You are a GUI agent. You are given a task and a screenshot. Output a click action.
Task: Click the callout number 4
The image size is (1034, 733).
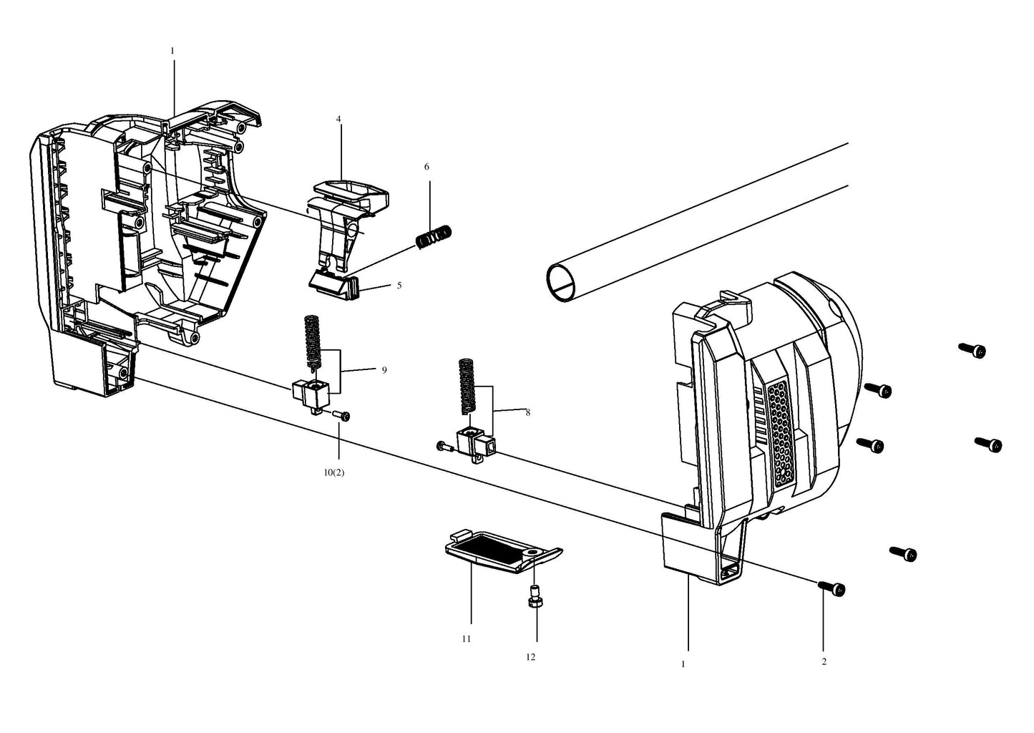pos(338,119)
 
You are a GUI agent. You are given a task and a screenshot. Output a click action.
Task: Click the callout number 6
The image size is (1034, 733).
pos(426,167)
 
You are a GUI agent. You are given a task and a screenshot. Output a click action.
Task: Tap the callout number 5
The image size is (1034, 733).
pos(399,286)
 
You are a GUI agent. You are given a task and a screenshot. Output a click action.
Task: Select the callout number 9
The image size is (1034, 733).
pos(384,370)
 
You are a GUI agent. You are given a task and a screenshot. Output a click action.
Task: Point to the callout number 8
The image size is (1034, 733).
pos(528,412)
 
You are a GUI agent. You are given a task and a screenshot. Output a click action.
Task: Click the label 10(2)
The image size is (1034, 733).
pos(333,472)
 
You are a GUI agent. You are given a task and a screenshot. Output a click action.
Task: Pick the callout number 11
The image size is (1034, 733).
pos(467,639)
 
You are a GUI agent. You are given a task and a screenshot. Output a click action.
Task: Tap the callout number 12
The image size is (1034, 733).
pos(531,657)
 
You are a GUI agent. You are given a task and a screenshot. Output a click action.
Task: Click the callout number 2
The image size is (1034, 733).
pos(824,661)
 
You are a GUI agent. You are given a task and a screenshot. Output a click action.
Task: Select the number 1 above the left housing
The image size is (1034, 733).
pos(172,51)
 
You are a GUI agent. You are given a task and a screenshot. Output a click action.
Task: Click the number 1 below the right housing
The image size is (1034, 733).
pos(683,664)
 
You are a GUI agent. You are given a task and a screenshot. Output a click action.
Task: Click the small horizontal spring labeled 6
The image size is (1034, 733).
pos(434,236)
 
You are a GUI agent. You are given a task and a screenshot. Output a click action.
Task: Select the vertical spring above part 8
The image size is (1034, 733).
pos(467,386)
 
